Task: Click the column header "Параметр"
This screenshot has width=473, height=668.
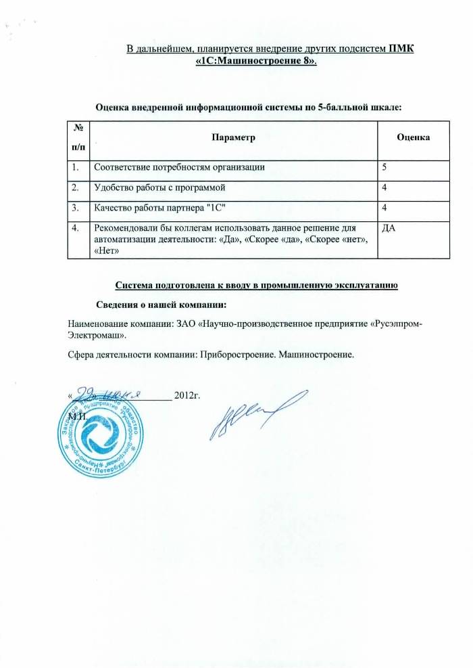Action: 233,137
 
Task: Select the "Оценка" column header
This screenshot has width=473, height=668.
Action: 414,137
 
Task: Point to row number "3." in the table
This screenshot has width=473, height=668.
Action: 74,207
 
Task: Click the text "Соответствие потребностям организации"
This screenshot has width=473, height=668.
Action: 179,166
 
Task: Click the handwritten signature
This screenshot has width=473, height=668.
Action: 253,414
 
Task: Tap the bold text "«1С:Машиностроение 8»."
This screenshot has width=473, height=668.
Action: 255,60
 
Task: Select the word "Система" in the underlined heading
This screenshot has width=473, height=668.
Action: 134,284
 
